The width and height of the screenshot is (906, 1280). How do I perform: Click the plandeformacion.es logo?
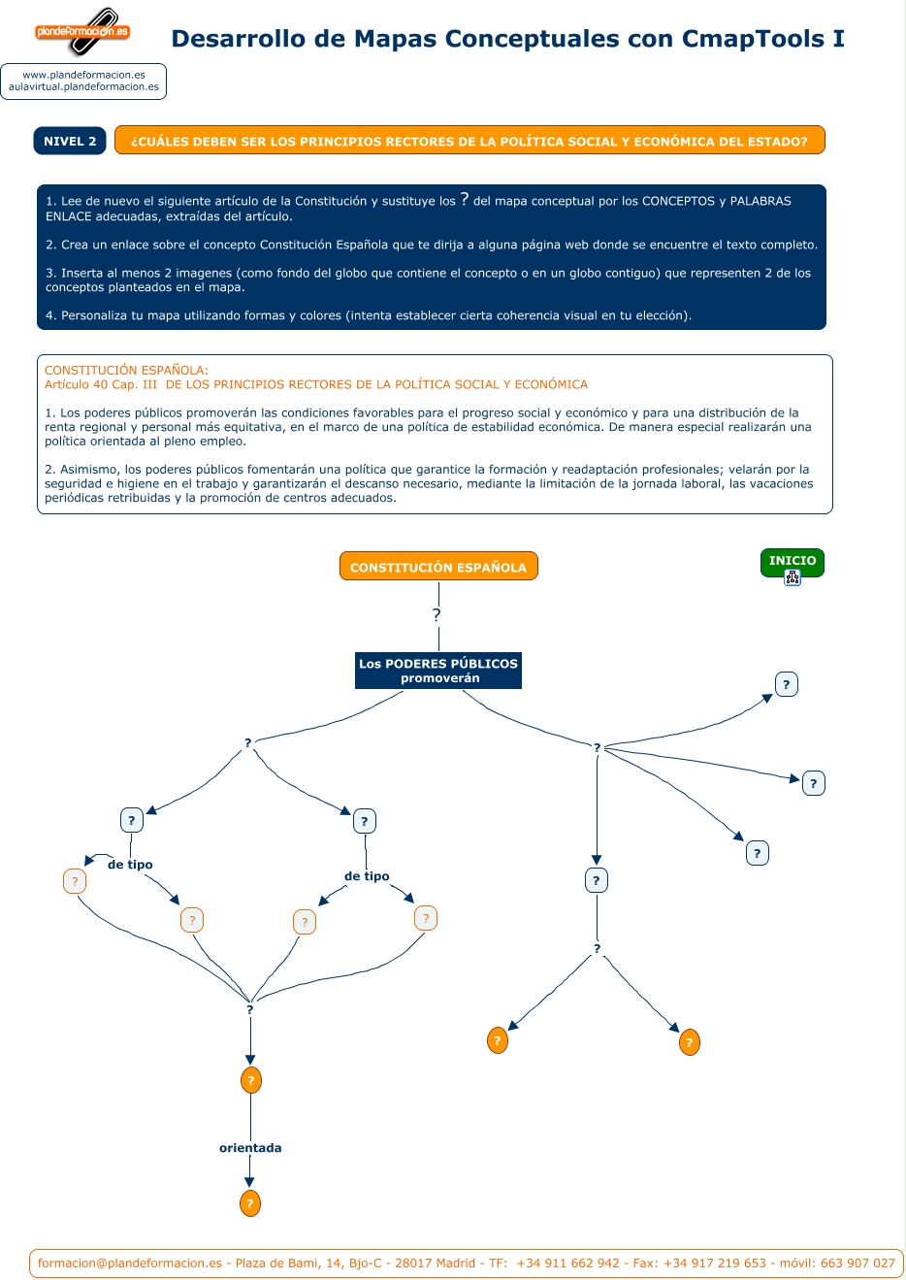(x=82, y=32)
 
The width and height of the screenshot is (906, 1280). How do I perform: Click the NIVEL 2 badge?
(x=70, y=141)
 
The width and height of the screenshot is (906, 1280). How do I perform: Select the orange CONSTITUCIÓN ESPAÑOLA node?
(x=438, y=567)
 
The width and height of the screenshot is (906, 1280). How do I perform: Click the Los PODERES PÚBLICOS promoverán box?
(x=438, y=671)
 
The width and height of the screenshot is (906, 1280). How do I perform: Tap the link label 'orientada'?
(x=250, y=1148)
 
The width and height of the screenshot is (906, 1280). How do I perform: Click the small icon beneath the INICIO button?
(x=793, y=578)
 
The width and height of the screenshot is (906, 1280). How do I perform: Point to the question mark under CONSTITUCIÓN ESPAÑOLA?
(x=437, y=615)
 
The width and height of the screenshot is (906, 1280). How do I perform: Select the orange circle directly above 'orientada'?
(x=250, y=1080)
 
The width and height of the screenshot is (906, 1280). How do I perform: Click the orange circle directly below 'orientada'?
(x=249, y=1203)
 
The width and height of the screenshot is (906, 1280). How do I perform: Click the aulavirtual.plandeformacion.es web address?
(x=83, y=87)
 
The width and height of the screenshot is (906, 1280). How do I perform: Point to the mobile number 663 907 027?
(x=857, y=1264)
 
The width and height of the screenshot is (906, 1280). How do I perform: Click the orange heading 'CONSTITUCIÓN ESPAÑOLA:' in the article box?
(x=126, y=370)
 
